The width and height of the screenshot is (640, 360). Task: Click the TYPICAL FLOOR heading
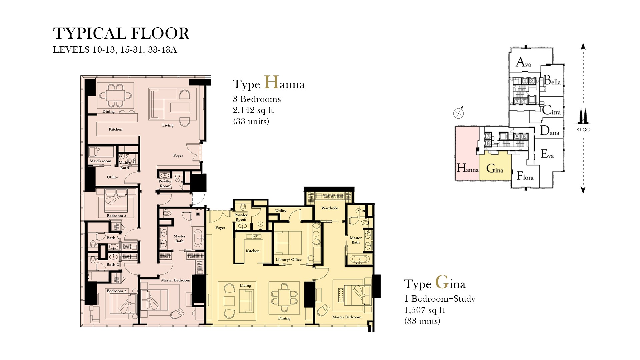pos(121,33)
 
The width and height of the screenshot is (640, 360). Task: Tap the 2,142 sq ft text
pos(253,110)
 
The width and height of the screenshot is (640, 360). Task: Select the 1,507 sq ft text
pos(424,310)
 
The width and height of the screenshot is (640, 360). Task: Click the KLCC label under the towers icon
pos(583,130)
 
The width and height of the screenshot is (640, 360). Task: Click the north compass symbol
pos(459,113)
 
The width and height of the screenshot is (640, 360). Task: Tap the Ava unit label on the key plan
pos(523,62)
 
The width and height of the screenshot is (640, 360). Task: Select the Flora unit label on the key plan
pos(525,176)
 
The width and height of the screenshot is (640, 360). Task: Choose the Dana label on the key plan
pos(549,131)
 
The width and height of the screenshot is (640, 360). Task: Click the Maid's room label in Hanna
pos(100,161)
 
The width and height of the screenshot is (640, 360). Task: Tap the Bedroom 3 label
pos(116,216)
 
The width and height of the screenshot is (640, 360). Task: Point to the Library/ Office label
pos(289,259)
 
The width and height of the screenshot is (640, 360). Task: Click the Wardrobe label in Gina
pos(330,208)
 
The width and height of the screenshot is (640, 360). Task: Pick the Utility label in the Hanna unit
pos(112,177)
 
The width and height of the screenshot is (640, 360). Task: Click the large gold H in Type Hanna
pos(271,82)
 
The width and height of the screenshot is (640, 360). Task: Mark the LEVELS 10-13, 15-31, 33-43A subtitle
pos(115,50)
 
